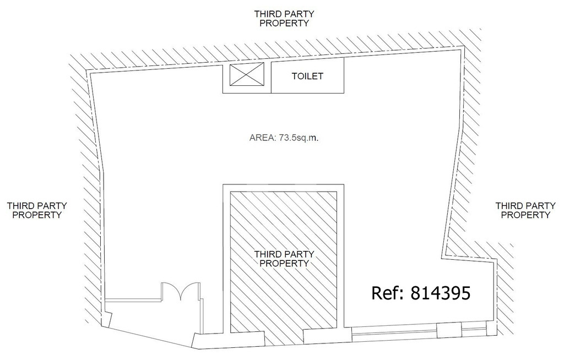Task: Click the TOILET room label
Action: point(307,77)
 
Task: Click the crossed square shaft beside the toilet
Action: point(247,74)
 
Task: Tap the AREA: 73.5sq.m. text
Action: point(284,138)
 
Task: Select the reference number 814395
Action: point(440,293)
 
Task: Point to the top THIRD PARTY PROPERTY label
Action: point(284,18)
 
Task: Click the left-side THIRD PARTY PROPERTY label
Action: point(37,210)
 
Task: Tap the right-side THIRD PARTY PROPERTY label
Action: point(525,210)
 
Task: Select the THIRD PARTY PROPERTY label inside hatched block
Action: point(284,259)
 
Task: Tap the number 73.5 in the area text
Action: point(286,138)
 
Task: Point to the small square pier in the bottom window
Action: point(449,330)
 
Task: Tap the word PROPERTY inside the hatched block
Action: point(284,263)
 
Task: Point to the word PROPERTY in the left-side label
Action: point(37,215)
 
